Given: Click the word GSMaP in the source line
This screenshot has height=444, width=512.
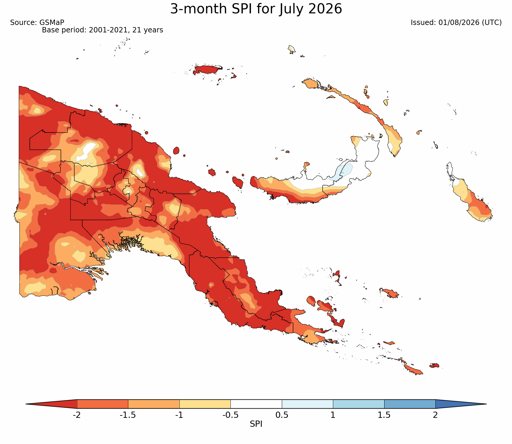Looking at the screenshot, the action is point(52,23).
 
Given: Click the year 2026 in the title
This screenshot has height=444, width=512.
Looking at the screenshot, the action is point(325,9).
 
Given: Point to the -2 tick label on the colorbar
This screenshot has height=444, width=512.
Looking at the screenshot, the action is point(77,415).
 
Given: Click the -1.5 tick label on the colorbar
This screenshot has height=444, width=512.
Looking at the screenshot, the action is point(128,415).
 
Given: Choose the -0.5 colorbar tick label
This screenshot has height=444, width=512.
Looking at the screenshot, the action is point(230,415).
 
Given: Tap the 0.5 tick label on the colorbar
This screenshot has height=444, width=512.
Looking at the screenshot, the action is point(282,415).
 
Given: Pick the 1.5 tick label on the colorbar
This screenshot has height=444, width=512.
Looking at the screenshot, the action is point(384,415).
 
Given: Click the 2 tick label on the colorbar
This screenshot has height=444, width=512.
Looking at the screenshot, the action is point(435,415).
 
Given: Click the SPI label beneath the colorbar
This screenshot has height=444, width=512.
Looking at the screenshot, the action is point(256,424).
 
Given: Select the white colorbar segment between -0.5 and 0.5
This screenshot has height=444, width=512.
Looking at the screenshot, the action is point(256,404).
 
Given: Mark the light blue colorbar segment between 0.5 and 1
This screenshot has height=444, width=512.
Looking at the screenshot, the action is point(307,404).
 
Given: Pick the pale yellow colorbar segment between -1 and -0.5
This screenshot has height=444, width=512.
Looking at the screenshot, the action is point(205,404).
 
